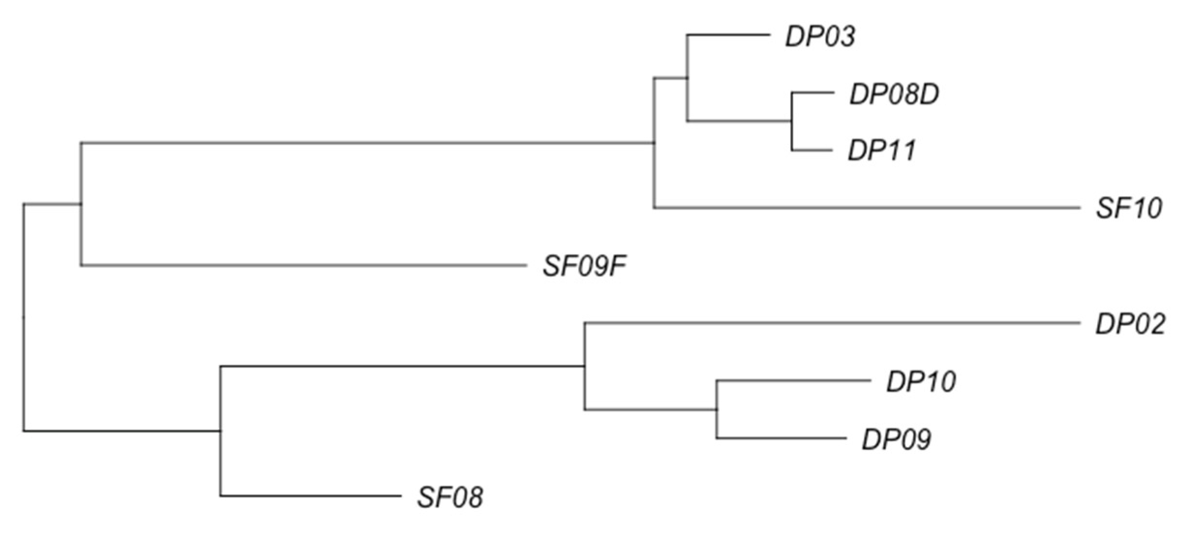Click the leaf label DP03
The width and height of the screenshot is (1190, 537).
click(820, 37)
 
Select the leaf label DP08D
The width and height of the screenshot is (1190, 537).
click(894, 94)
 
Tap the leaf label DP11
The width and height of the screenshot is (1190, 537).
click(881, 150)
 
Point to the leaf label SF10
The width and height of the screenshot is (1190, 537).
click(1129, 209)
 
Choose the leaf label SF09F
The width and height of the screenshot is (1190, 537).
click(584, 266)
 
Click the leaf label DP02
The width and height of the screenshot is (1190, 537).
click(1130, 324)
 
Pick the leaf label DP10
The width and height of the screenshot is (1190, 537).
click(920, 382)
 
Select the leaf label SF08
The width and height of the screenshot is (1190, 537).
click(450, 497)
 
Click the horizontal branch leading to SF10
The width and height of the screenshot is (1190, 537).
click(866, 208)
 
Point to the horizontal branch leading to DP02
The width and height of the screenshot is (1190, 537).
click(832, 323)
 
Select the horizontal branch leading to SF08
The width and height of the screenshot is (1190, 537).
click(310, 496)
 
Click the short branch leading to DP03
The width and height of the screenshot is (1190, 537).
click(728, 35)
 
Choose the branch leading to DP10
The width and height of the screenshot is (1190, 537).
click(794, 381)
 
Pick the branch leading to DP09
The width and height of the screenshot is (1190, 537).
click(781, 438)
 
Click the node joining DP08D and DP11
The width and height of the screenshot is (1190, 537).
click(792, 121)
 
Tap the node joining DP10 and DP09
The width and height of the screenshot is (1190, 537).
click(717, 410)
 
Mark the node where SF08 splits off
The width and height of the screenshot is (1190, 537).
click(221, 431)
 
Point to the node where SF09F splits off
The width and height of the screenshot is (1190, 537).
click(81, 204)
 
